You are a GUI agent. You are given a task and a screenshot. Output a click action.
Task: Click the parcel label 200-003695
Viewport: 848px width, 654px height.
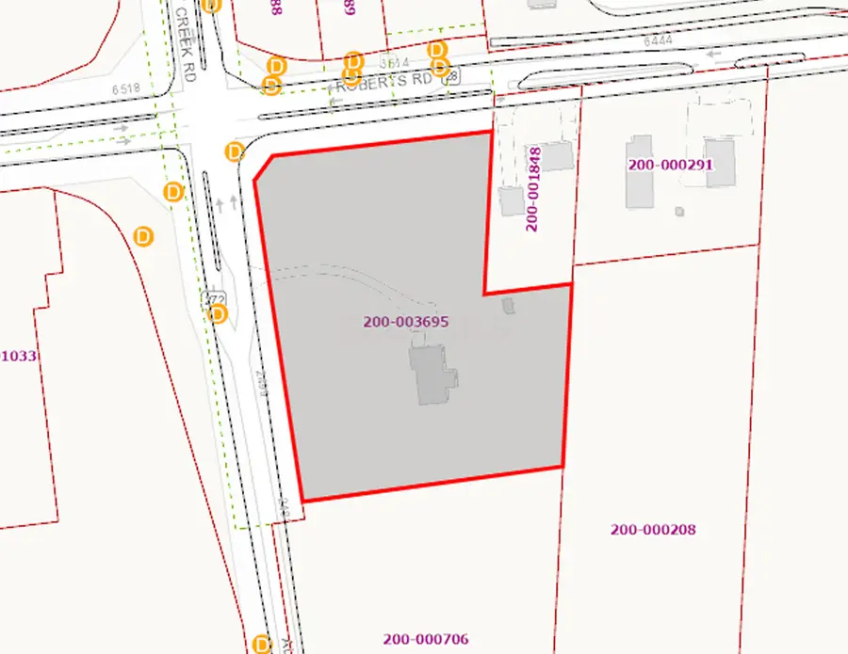coord(405,322)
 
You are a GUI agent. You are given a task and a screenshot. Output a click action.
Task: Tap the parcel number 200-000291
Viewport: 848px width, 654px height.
coord(670,165)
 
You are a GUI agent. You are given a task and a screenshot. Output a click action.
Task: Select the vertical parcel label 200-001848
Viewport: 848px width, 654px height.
coord(533,188)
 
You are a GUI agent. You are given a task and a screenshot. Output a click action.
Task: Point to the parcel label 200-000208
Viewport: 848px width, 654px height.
coord(652,530)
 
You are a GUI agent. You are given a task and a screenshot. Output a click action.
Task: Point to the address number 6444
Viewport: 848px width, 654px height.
coord(660,41)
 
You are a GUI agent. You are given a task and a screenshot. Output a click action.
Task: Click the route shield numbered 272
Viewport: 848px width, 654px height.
coord(212,298)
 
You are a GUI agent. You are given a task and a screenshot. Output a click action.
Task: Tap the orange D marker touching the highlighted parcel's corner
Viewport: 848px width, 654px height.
coord(235,152)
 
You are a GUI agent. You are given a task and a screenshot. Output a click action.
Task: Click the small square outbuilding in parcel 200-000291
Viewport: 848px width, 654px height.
coord(679,212)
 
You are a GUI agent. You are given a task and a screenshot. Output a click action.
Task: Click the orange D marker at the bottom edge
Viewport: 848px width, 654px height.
coord(263,645)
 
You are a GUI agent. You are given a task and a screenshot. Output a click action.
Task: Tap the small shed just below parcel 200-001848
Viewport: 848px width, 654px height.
coord(510,306)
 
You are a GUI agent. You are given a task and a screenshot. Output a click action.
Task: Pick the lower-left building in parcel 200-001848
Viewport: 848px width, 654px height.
coord(512,200)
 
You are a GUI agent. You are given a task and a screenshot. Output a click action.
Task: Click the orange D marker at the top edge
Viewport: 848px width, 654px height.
coord(212,5)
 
